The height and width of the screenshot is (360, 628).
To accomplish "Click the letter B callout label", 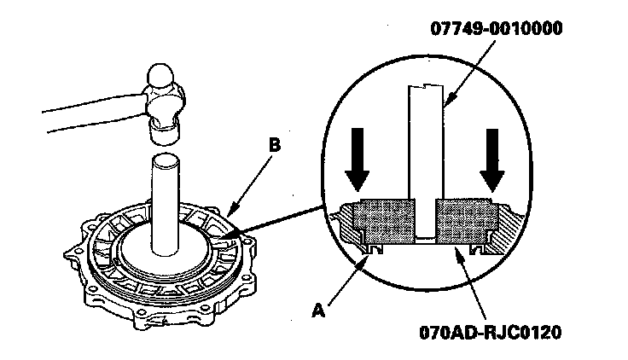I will coord(273,147).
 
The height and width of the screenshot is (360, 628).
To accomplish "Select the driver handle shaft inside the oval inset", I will coord(423,145).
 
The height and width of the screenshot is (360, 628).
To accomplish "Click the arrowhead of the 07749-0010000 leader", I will coord(445,107).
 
